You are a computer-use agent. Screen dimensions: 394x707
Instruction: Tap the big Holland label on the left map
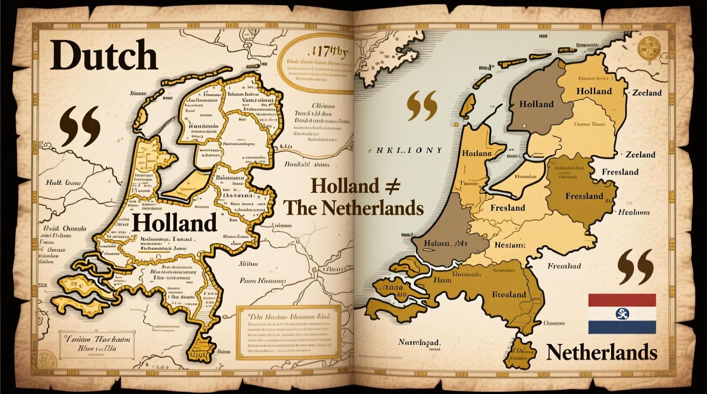pyautogui.click(x=174, y=223)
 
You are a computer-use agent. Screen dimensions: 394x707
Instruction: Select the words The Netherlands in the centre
pyautogui.click(x=353, y=208)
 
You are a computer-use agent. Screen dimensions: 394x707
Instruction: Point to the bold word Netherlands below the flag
pyautogui.click(x=601, y=352)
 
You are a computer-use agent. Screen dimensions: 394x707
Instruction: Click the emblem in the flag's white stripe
pyautogui.click(x=622, y=314)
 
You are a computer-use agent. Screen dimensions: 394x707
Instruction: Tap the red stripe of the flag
pyautogui.click(x=622, y=300)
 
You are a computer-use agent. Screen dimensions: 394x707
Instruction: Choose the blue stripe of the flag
pyautogui.click(x=622, y=327)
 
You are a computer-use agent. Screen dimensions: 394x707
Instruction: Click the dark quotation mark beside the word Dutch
pyautogui.click(x=80, y=126)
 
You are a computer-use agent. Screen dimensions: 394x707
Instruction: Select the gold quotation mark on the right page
pyautogui.click(x=422, y=105)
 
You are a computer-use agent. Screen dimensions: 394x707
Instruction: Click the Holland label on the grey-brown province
pyautogui.click(x=536, y=104)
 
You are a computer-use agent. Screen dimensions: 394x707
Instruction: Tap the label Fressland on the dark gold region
pyautogui.click(x=584, y=196)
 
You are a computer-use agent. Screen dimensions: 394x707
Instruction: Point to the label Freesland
pyautogui.click(x=620, y=172)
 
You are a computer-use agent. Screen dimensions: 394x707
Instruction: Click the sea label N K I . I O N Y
pyautogui.click(x=406, y=150)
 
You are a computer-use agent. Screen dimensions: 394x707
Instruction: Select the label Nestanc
pyautogui.click(x=509, y=245)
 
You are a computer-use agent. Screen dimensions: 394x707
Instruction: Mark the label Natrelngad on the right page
pyautogui.click(x=419, y=342)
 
